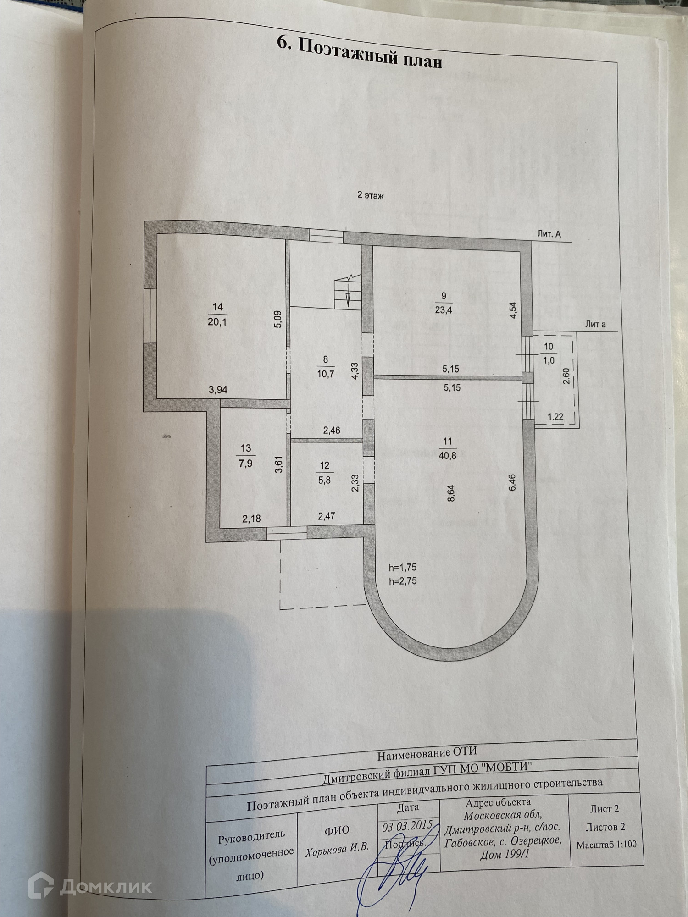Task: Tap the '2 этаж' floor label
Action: click(370, 196)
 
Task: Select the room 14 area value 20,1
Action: click(217, 322)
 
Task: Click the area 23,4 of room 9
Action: click(444, 310)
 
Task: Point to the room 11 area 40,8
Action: click(448, 456)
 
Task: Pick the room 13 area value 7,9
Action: click(246, 464)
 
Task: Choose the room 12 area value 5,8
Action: click(324, 481)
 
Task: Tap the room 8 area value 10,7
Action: click(326, 374)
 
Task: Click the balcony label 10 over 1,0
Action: click(549, 354)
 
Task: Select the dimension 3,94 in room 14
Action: click(218, 390)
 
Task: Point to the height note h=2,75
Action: click(403, 581)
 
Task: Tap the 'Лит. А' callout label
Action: click(549, 234)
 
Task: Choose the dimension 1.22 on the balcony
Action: click(555, 417)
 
